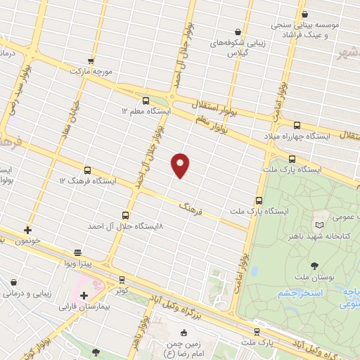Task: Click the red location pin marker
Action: (181, 165)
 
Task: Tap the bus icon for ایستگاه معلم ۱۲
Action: (146, 101)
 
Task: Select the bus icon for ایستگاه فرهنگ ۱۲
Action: (87, 169)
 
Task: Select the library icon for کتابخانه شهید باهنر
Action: (320, 224)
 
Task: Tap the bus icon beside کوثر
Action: (122, 279)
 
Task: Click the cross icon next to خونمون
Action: (27, 230)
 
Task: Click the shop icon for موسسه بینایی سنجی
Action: (304, 13)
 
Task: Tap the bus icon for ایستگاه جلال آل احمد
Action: (125, 215)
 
